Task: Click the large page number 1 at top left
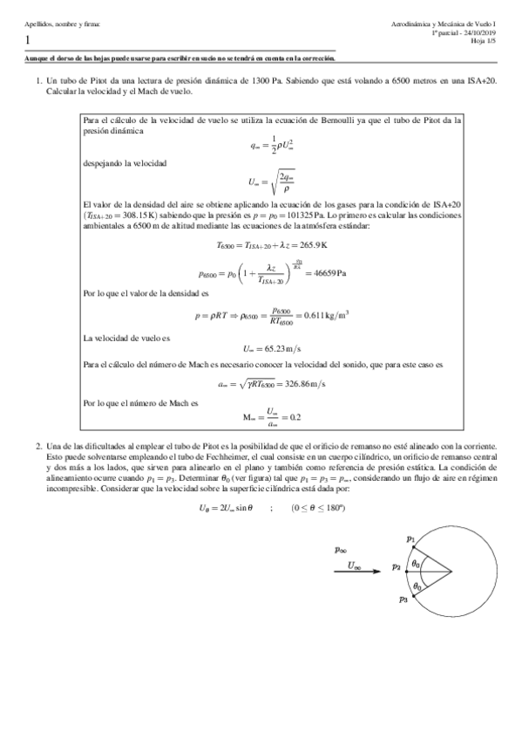(x=29, y=40)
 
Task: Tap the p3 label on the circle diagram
(x=402, y=600)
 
